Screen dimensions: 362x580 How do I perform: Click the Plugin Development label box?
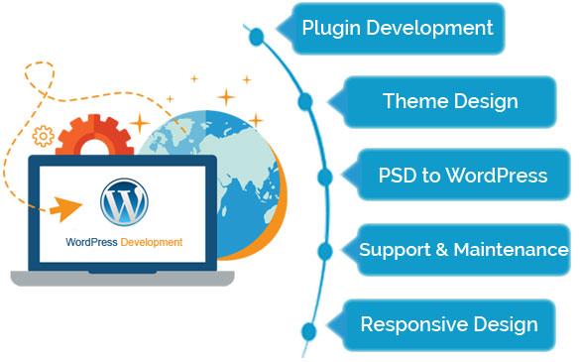point(398,28)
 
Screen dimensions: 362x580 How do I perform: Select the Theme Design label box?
point(450,101)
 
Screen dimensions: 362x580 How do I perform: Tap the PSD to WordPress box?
point(462,176)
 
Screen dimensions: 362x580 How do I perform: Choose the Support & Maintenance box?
point(463,250)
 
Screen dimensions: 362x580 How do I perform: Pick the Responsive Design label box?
point(449,324)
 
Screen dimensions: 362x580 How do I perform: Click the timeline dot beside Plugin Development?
point(257,38)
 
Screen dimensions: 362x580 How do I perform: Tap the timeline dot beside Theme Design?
point(305,101)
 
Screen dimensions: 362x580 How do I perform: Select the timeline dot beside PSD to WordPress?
point(325,177)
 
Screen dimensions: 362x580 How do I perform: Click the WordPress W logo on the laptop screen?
point(125,201)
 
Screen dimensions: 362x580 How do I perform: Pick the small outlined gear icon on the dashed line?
point(43,135)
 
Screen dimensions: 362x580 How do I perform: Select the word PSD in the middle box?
point(398,176)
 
